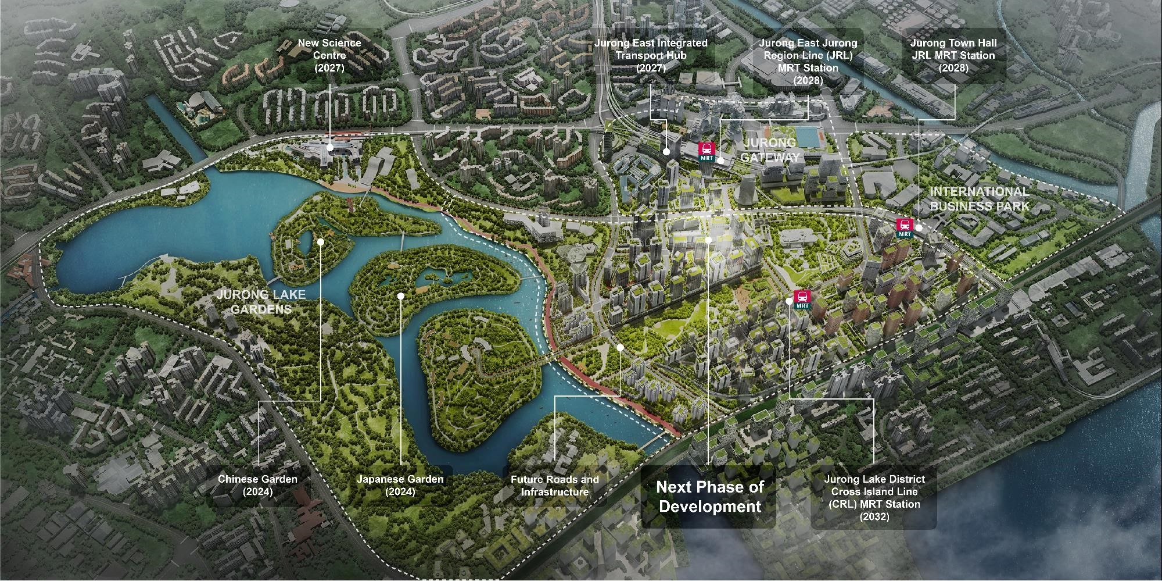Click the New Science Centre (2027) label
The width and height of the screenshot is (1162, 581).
tap(329, 55)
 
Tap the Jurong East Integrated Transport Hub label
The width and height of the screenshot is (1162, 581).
tap(651, 55)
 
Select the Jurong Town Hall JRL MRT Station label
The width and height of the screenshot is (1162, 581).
tap(953, 55)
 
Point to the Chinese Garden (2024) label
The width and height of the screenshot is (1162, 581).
tap(257, 486)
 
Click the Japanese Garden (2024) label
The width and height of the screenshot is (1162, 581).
tap(400, 486)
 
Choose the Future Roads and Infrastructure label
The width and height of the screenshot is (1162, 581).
tap(555, 486)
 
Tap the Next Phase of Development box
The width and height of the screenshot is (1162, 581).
tap(709, 496)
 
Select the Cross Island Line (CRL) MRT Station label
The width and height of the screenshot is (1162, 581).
tap(874, 497)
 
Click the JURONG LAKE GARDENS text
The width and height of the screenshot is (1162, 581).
tap(261, 301)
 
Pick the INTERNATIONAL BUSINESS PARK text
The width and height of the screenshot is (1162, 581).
tap(979, 198)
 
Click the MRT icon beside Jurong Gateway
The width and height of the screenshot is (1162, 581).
tap(706, 151)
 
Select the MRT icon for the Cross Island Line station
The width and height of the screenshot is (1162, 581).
tap(802, 299)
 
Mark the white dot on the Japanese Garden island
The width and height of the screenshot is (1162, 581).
tap(401, 295)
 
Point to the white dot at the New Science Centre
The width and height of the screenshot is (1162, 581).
tap(329, 148)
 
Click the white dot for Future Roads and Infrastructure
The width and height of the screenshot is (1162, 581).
tap(620, 347)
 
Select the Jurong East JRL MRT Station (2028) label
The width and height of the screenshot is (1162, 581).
tap(808, 61)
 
